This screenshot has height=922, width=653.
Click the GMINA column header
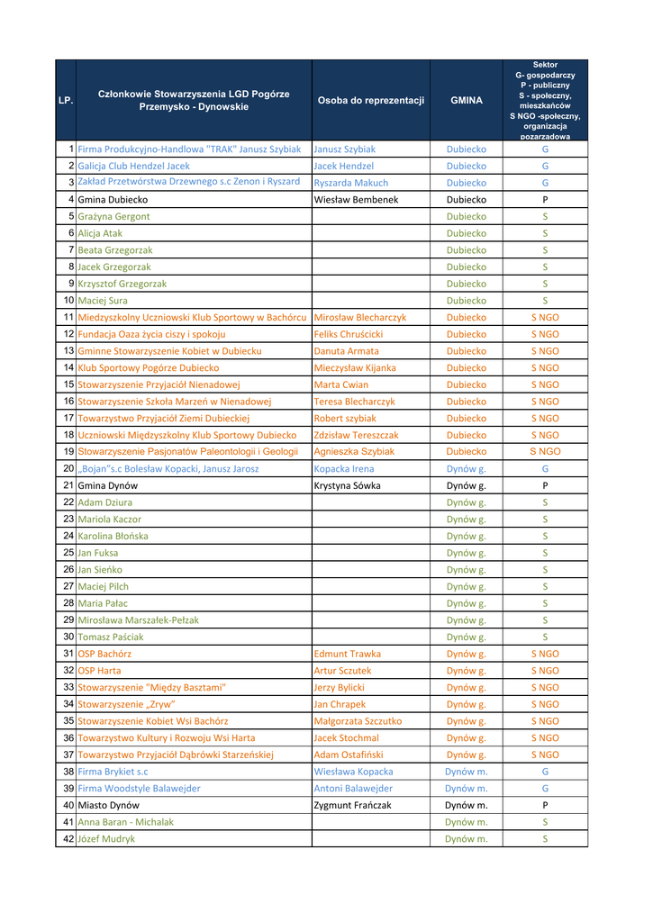click(466, 101)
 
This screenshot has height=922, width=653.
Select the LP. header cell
click(65, 101)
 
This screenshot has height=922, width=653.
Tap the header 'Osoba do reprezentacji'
click(370, 101)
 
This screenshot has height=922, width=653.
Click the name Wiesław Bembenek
click(356, 199)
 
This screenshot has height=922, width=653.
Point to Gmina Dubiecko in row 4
click(113, 199)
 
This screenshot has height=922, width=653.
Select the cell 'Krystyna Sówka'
click(347, 485)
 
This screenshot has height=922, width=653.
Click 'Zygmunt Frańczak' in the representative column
click(352, 805)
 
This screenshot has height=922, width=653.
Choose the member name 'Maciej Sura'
click(103, 300)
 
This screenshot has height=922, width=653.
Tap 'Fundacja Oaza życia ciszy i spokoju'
click(151, 334)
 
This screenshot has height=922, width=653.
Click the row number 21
click(68, 485)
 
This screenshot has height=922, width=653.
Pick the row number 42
click(68, 839)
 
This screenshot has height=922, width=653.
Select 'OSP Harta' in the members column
click(99, 671)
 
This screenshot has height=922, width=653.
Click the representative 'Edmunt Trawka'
click(347, 654)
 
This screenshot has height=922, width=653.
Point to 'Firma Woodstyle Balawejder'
click(139, 788)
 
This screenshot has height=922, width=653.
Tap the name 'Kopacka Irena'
click(343, 468)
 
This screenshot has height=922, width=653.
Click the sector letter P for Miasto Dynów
click(545, 805)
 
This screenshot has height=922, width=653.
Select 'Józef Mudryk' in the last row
click(106, 839)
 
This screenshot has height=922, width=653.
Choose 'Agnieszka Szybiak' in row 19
click(354, 451)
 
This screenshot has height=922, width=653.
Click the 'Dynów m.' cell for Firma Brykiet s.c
click(466, 772)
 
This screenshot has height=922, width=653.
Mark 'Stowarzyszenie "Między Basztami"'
click(151, 687)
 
